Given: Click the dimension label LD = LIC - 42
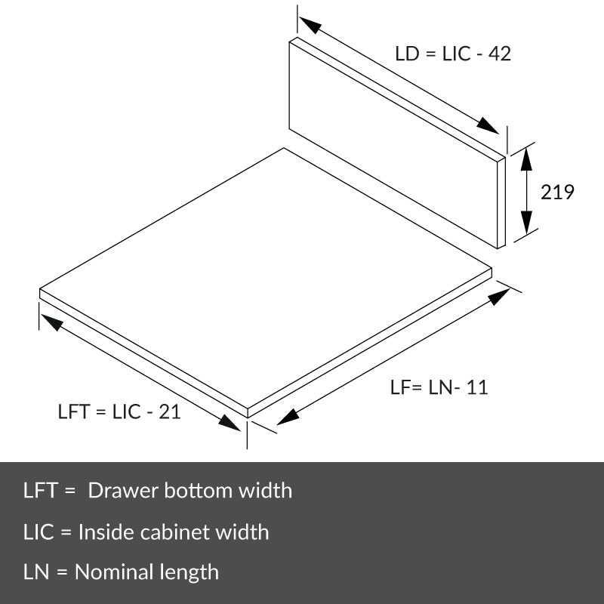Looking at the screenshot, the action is point(453,54).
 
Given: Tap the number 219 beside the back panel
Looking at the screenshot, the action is point(557,192).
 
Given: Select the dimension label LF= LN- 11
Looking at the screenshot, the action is point(439,387).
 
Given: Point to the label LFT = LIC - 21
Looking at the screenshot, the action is point(119,411).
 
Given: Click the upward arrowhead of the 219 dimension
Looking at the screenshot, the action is point(526,159).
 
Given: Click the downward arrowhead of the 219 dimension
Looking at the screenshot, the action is point(526,222).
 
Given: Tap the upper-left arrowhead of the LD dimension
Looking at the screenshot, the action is point(310,25).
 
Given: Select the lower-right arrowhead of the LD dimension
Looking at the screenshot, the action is point(488,125).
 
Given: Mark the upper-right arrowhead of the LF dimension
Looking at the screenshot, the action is point(499,297).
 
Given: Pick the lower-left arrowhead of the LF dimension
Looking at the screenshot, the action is point(288,417).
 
